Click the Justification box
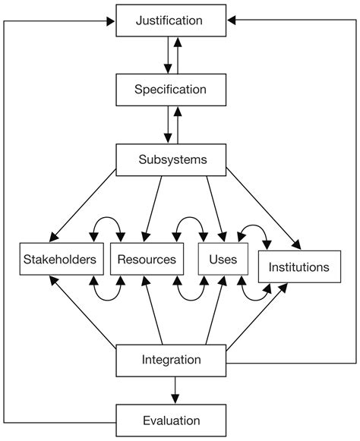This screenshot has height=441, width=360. (x=171, y=20)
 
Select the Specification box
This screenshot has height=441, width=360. (x=171, y=90)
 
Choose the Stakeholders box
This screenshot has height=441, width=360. (x=59, y=259)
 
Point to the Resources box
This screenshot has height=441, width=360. (x=147, y=259)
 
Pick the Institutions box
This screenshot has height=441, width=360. (x=298, y=266)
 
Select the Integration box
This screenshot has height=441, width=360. (x=171, y=360)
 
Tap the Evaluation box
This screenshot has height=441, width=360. (x=171, y=420)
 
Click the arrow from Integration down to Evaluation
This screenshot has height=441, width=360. (x=176, y=389)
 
